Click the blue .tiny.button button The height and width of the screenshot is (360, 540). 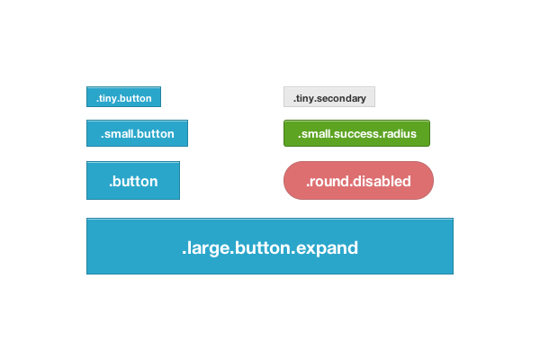pos(123,96)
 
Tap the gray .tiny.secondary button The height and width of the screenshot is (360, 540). pos(329,96)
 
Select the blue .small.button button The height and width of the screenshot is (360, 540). pos(137,133)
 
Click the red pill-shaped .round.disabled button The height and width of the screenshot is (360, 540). pos(358,181)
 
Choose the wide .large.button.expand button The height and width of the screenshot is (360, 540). pos(270,246)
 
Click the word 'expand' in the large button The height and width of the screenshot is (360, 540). pos(329,247)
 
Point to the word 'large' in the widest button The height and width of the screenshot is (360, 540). pos(206,247)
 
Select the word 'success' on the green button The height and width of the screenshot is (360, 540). pos(355,134)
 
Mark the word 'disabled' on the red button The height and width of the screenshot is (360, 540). pos(382,181)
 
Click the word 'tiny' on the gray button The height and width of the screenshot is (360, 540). pos(303,97)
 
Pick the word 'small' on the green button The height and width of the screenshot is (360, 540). pos(315,134)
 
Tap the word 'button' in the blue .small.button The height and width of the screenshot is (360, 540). pos(156,134)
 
